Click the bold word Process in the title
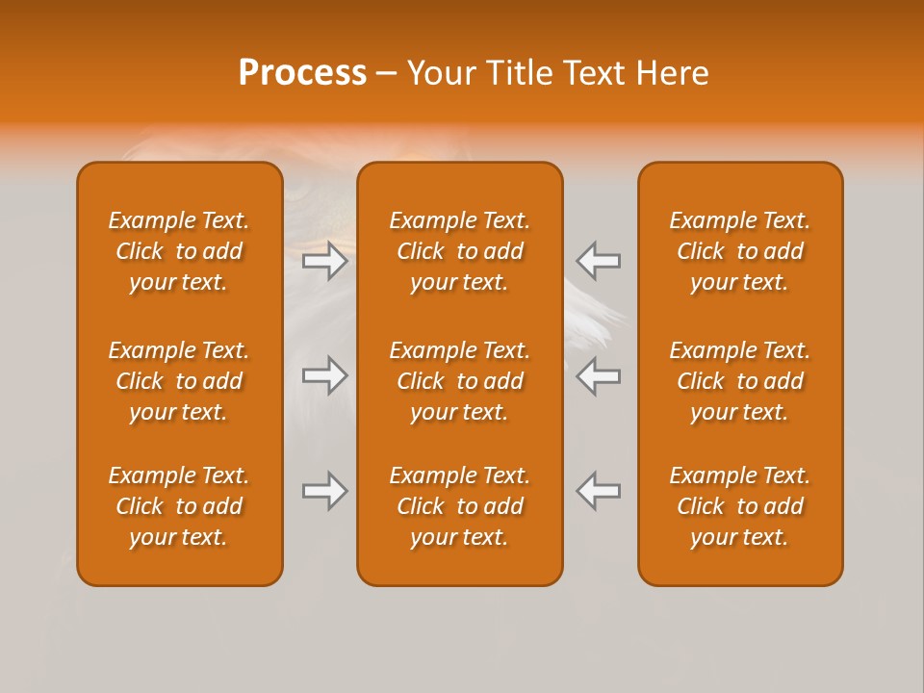[x=302, y=73]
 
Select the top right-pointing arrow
[x=325, y=261]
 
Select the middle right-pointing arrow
[x=325, y=375]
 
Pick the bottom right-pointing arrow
[x=325, y=491]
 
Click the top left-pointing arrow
[x=599, y=261]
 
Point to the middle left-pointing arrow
[x=599, y=375]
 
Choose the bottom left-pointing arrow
[x=599, y=491]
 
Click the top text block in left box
[x=179, y=251]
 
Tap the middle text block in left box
[x=179, y=381]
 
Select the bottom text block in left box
[x=179, y=506]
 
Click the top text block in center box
[x=459, y=251]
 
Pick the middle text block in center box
[x=459, y=381]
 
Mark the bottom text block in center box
[x=459, y=506]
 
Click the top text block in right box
[x=740, y=251]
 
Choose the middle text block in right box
[x=740, y=381]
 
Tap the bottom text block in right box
[x=740, y=506]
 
